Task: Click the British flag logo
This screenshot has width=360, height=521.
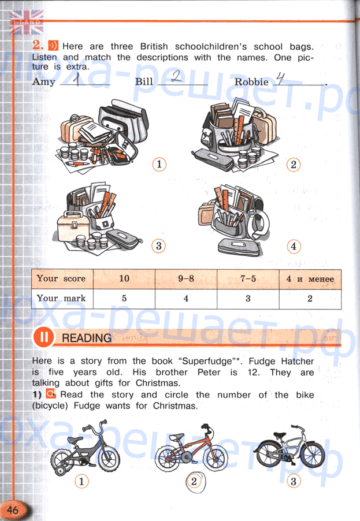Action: [27, 22]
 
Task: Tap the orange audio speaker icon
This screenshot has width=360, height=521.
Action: [53, 45]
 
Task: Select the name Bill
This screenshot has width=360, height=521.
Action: [144, 81]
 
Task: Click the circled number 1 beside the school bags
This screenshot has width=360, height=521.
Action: [159, 164]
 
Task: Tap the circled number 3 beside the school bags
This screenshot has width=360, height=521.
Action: [158, 246]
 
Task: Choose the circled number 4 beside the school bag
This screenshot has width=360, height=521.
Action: [294, 247]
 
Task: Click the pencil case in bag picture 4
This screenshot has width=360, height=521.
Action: [239, 248]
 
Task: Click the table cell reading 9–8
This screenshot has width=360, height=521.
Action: [186, 278]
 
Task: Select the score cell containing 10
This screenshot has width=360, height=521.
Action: [124, 278]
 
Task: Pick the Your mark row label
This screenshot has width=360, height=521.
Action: [61, 298]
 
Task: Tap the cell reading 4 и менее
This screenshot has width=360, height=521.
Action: [310, 279]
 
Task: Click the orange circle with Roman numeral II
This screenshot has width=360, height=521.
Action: [43, 337]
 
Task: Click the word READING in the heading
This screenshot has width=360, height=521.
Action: [87, 338]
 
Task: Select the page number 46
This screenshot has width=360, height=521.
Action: [12, 509]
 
